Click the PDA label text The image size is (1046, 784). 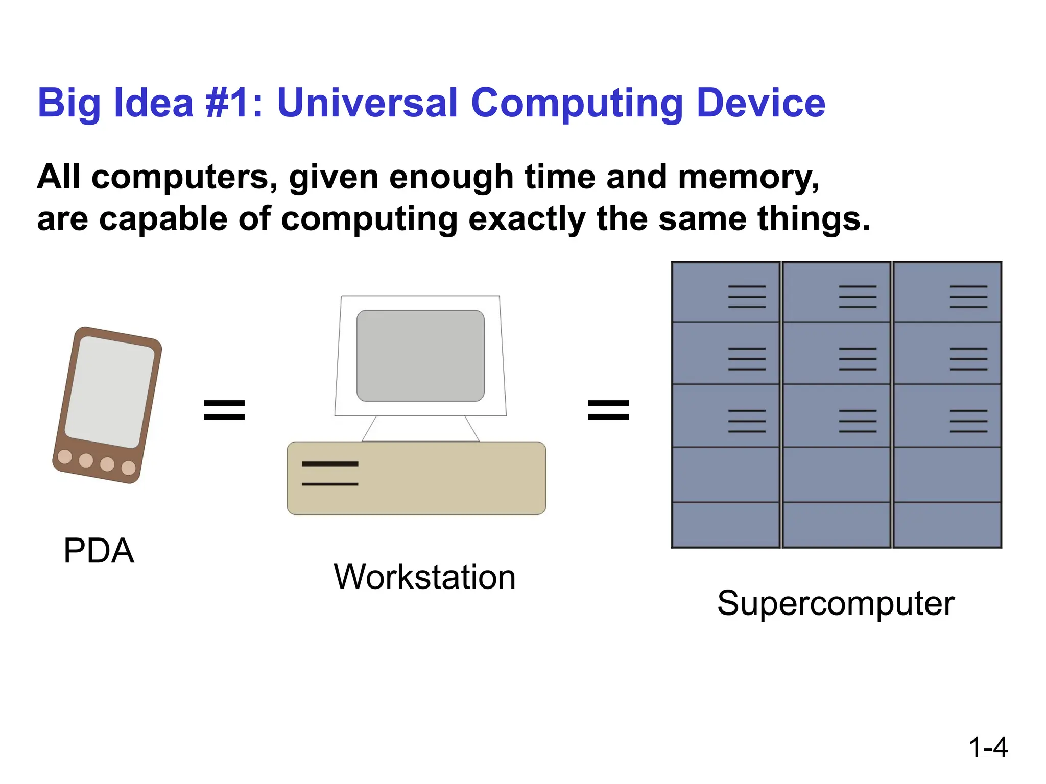(x=99, y=551)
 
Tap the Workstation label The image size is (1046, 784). (x=424, y=577)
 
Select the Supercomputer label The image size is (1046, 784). (x=836, y=603)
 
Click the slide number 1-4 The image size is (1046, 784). (x=988, y=748)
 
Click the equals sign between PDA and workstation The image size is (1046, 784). (x=224, y=410)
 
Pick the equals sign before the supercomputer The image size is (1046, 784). (x=608, y=410)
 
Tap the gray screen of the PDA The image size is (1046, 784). (x=109, y=392)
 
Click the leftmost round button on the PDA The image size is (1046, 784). (x=65, y=456)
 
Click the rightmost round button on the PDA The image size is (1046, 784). (x=129, y=468)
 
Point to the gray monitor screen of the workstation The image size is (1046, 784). (x=420, y=356)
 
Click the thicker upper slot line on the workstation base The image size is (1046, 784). (x=330, y=464)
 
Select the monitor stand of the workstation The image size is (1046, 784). (x=420, y=429)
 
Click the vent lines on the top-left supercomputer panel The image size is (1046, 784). (x=747, y=297)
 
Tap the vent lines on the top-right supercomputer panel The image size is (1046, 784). (x=968, y=297)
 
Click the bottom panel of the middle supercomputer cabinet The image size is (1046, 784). (x=836, y=525)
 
